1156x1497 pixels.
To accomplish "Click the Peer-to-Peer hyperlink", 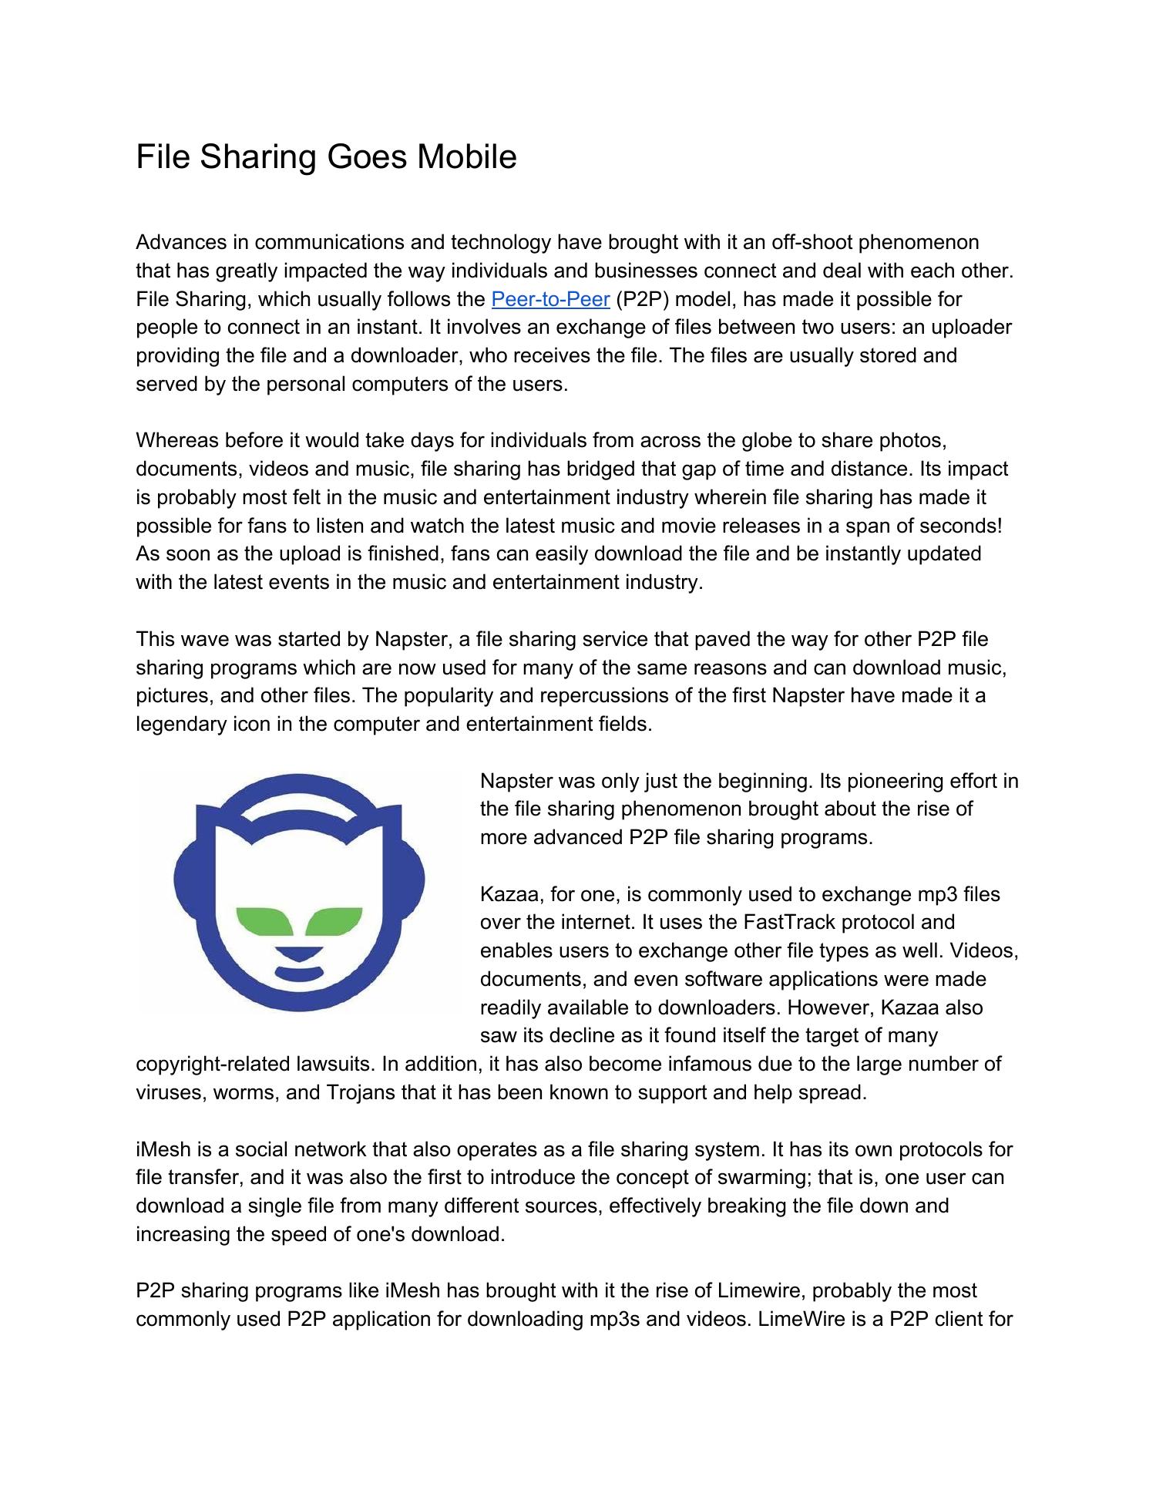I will (549, 299).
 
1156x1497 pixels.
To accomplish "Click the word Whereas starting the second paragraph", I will (177, 440).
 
